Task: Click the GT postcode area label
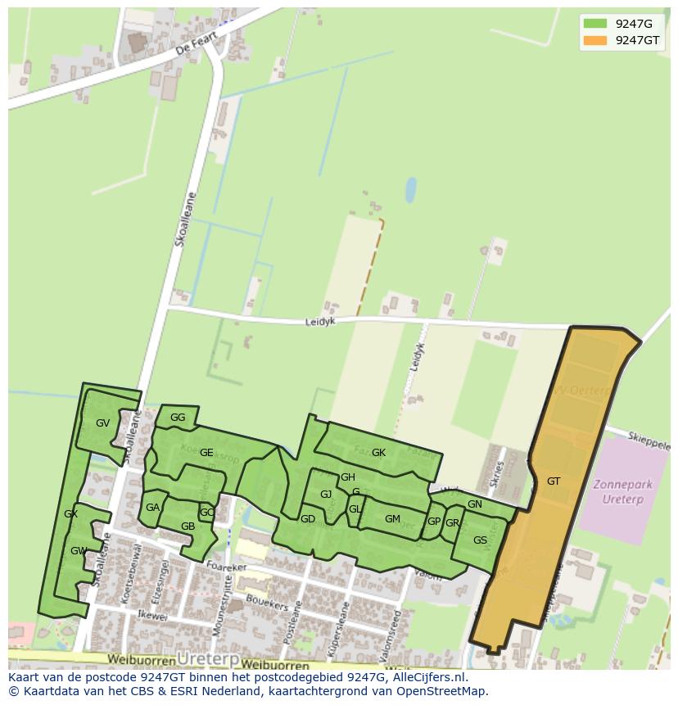click(554, 481)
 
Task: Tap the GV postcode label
click(102, 423)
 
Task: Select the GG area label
click(178, 418)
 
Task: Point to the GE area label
click(206, 453)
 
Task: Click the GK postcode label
click(378, 453)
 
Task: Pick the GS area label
click(480, 540)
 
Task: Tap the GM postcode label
click(392, 519)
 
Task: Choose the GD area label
click(308, 519)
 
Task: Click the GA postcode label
click(152, 508)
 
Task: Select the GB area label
click(188, 526)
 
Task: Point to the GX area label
click(70, 514)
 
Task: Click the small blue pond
click(411, 190)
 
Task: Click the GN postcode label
click(475, 504)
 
